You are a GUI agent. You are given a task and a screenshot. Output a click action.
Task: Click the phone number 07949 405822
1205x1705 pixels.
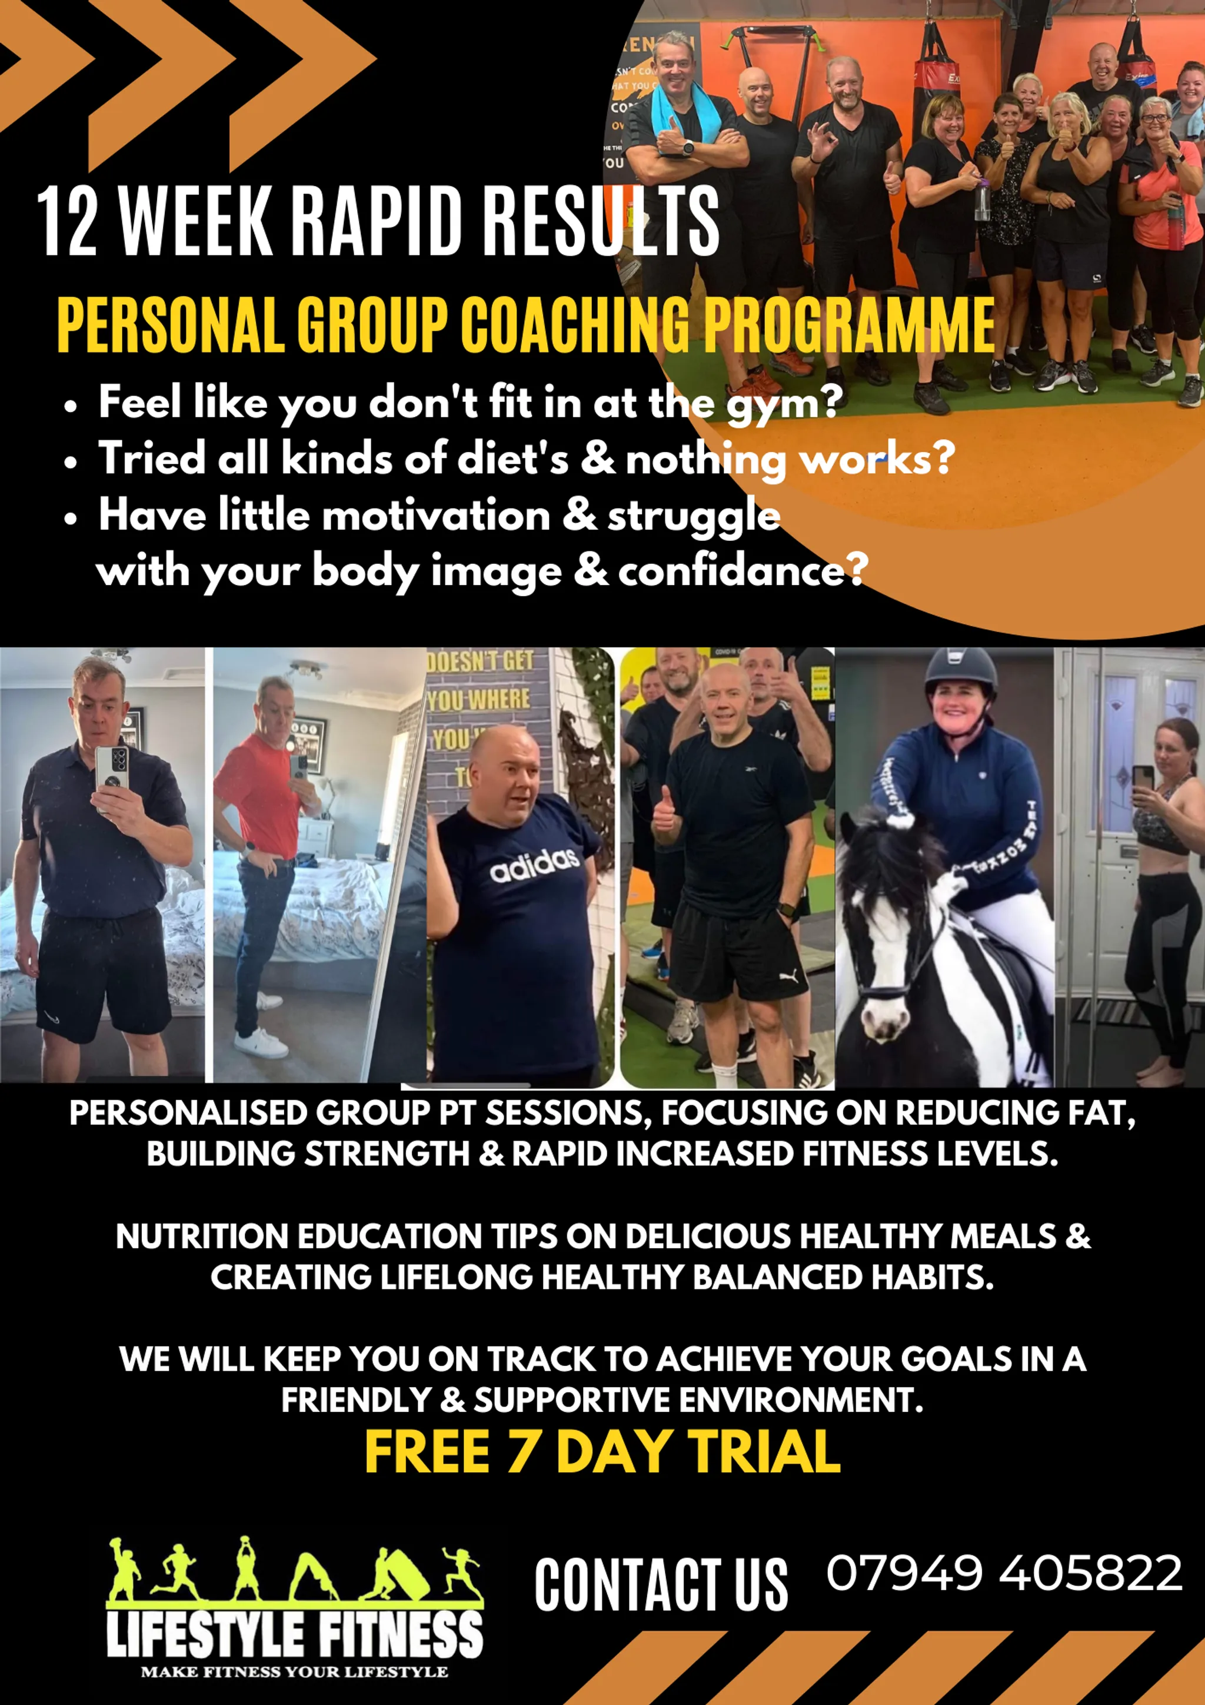coord(1004,1573)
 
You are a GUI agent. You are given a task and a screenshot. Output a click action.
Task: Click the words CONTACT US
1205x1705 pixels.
coord(661,1585)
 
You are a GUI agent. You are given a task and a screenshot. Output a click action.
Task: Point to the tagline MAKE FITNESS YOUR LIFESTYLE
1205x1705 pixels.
coord(294,1671)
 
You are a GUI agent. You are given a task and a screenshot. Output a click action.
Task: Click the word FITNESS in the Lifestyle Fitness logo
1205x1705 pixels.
coord(401,1634)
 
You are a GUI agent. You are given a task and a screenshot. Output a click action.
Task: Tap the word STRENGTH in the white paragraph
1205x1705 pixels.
coord(387,1154)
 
